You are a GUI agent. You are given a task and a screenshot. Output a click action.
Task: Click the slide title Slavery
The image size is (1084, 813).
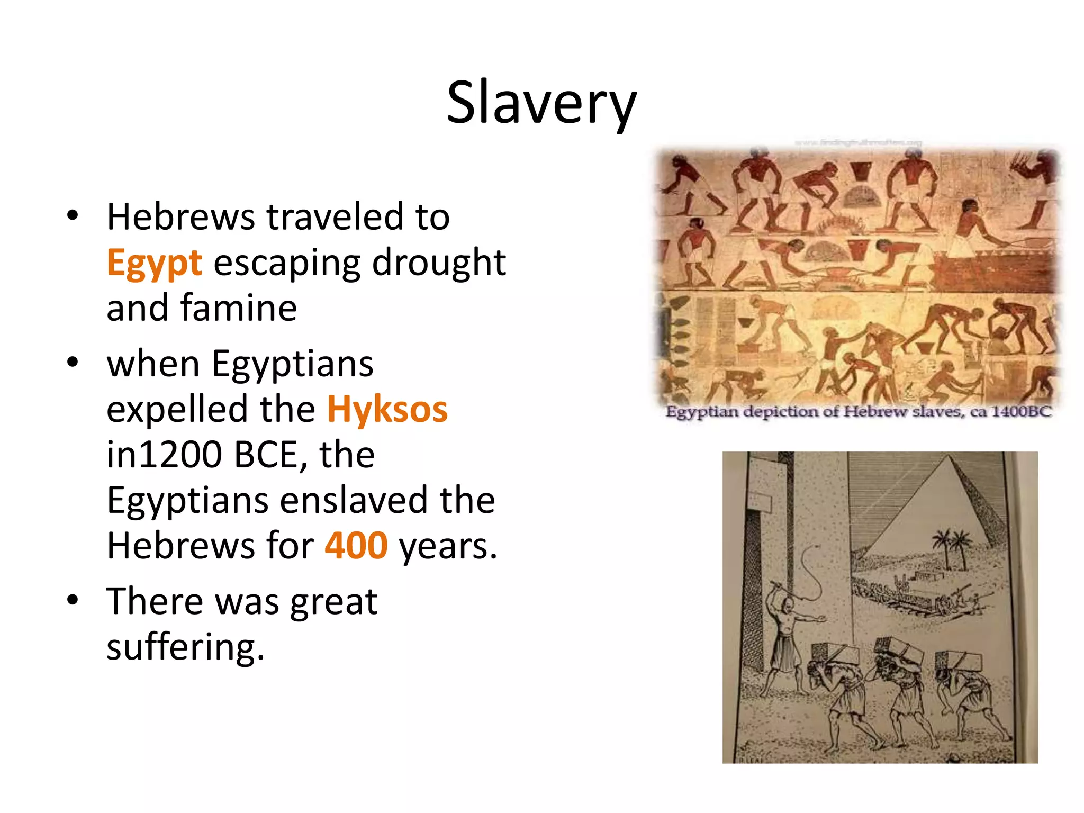point(541,103)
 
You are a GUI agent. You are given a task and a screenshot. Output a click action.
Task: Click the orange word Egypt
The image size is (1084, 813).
point(154,263)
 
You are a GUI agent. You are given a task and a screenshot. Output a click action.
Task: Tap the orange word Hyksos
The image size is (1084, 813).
point(387,410)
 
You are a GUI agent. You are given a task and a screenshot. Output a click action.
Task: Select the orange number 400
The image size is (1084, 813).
point(356,546)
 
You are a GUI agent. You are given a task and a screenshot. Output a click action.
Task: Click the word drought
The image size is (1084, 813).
point(439,263)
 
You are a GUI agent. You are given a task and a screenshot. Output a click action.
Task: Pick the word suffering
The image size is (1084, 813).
point(185,647)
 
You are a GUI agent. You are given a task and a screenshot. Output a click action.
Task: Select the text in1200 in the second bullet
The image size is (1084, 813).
point(164,455)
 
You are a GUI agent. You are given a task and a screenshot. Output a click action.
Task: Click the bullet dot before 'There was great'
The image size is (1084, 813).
point(73,600)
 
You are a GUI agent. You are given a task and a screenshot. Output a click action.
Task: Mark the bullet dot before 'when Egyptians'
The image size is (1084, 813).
point(73,363)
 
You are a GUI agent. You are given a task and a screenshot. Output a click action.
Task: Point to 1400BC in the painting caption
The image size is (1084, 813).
point(1021,412)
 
